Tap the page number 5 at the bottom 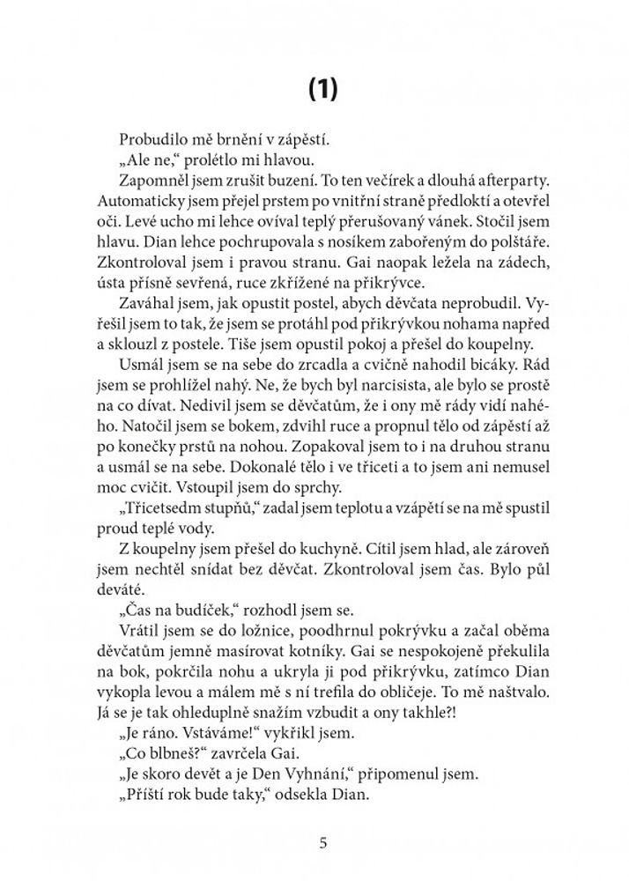tap(323, 843)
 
